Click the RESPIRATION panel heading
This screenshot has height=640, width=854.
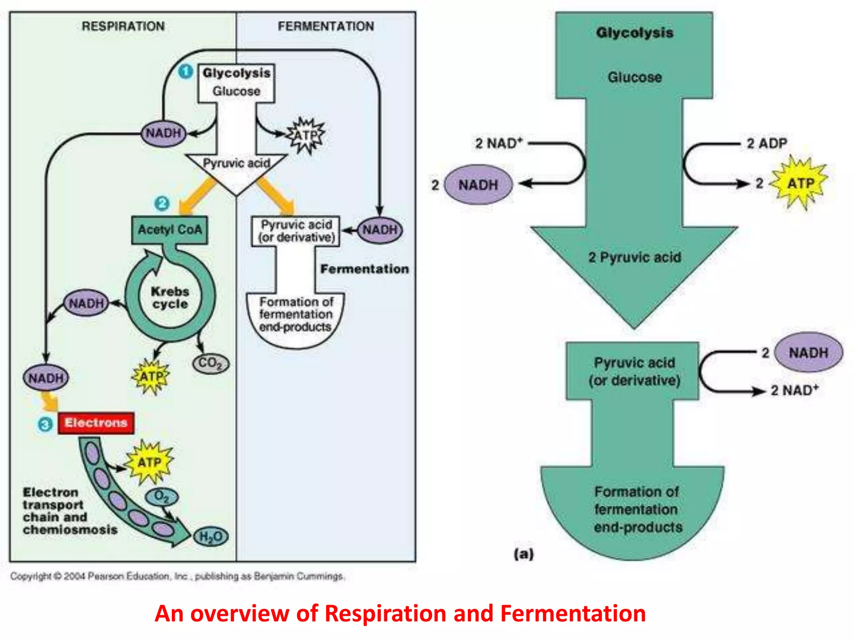(123, 26)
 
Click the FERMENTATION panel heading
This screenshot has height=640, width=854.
(326, 26)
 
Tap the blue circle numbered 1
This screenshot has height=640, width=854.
(186, 71)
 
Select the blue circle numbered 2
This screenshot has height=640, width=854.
(162, 203)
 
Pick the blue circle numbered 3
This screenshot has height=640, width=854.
(45, 425)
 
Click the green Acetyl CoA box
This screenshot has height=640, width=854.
(169, 230)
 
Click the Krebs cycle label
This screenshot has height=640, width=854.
(170, 297)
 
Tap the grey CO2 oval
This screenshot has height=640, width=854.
(211, 363)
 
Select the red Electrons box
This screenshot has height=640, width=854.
(96, 423)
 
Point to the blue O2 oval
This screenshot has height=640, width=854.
(161, 496)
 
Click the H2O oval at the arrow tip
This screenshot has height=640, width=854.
(211, 536)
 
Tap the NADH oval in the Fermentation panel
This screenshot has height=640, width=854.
(380, 230)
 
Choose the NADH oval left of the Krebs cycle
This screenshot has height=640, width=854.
(86, 303)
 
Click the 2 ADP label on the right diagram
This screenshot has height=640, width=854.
(766, 143)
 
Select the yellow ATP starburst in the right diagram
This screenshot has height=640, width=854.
(800, 183)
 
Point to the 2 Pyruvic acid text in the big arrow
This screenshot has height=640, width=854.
(634, 257)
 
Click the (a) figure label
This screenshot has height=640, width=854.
(523, 554)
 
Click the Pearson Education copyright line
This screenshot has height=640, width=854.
(177, 576)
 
